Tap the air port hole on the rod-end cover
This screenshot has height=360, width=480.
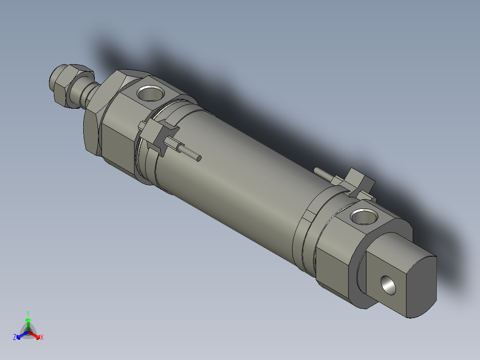pyautogui.click(x=150, y=93)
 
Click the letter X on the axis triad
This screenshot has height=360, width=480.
pyautogui.click(x=42, y=338)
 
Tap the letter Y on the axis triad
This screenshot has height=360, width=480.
pyautogui.click(x=28, y=313)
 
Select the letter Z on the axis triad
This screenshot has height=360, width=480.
pyautogui.click(x=15, y=337)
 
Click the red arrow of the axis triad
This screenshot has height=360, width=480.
pyautogui.click(x=36, y=335)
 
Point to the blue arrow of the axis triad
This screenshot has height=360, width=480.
pyautogui.click(x=20, y=335)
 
